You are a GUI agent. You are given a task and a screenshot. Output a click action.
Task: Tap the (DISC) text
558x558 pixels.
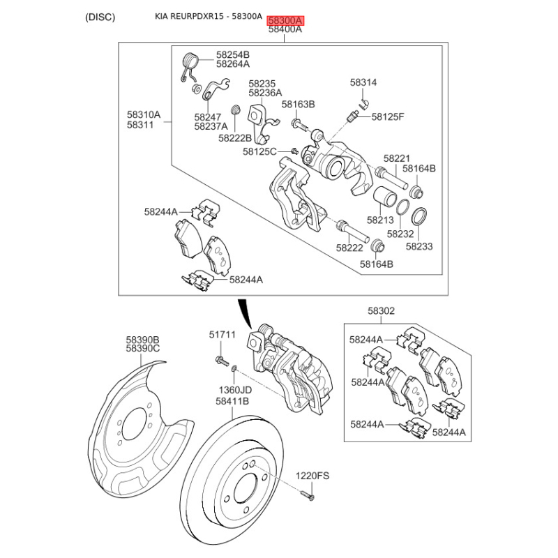(x=100, y=17)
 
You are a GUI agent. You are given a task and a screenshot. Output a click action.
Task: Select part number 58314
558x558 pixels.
(x=363, y=82)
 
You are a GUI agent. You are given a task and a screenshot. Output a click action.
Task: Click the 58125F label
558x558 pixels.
(x=388, y=116)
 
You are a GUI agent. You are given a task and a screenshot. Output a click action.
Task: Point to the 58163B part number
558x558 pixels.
(x=299, y=105)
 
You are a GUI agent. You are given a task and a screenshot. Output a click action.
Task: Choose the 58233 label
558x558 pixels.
(x=419, y=246)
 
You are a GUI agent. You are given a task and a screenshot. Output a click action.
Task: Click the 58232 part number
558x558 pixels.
(x=400, y=234)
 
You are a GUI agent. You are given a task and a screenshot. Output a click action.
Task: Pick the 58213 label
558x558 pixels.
(x=381, y=220)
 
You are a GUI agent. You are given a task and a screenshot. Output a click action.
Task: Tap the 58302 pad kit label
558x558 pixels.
(x=382, y=311)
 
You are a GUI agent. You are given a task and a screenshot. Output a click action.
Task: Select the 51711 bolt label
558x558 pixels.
(x=223, y=335)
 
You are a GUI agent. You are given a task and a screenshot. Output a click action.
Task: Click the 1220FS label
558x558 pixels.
(x=312, y=476)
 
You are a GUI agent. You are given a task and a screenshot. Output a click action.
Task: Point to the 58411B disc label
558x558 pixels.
(x=232, y=402)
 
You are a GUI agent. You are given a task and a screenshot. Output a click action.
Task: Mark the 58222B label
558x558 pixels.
(x=235, y=138)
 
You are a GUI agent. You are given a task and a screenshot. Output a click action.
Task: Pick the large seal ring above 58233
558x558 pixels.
(x=420, y=216)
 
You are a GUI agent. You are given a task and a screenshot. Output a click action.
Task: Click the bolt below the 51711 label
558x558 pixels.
(x=220, y=360)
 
